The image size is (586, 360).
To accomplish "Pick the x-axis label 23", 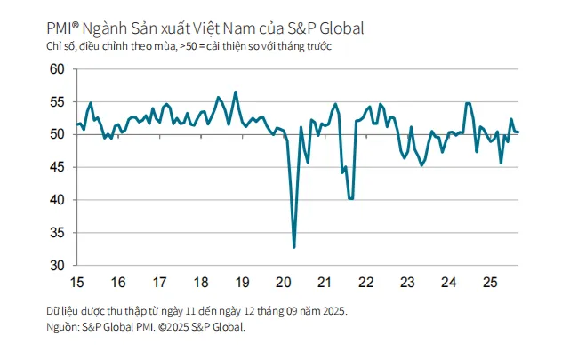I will coord(408,283).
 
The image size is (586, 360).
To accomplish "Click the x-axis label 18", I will coord(200,283).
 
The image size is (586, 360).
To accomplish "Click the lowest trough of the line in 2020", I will coord(293,247).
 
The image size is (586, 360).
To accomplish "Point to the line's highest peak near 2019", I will coord(236,92).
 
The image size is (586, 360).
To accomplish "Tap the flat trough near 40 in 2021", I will coord(351,199).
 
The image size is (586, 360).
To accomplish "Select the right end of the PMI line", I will coord(518,132).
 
